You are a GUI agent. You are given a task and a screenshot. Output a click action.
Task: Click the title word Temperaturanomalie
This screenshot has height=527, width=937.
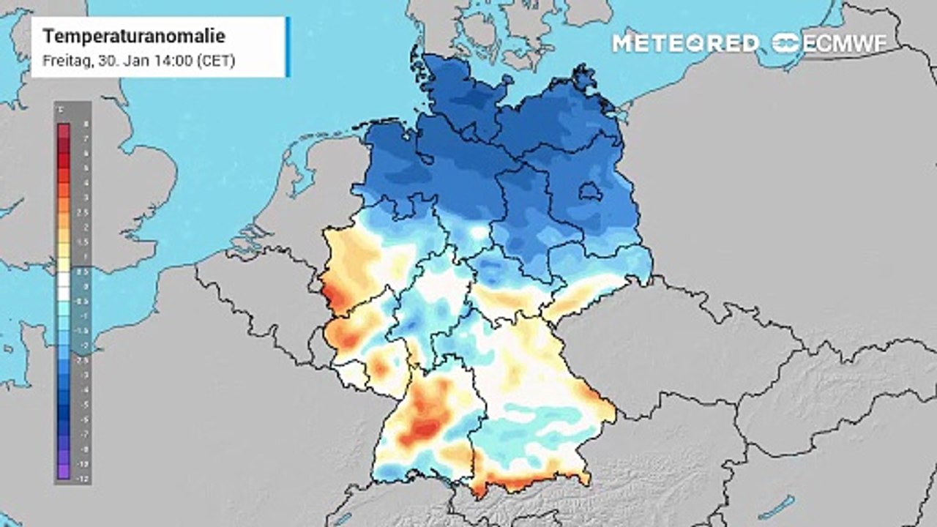pyautogui.click(x=134, y=37)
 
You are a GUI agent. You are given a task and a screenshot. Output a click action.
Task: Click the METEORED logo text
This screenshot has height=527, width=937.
pyautogui.click(x=685, y=43)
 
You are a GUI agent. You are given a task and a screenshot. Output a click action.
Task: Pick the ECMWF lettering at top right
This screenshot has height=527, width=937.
pyautogui.click(x=845, y=43)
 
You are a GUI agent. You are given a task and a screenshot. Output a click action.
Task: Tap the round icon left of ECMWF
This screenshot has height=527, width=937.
pyautogui.click(x=786, y=43)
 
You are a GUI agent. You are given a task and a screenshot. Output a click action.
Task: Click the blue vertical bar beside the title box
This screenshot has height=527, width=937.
pyautogui.click(x=288, y=47)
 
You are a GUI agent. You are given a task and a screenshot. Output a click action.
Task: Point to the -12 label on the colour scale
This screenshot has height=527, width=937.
pyautogui.click(x=86, y=476)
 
